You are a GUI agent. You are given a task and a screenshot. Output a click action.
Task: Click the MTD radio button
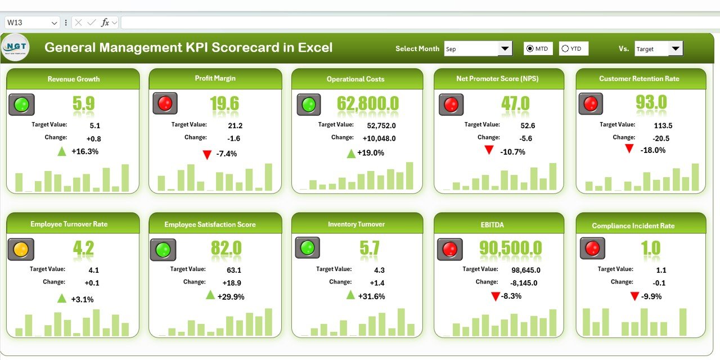[x=529, y=49]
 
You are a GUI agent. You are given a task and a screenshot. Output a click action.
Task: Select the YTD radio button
[x=565, y=49]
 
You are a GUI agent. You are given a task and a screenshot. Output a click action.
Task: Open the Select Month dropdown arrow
[x=505, y=49]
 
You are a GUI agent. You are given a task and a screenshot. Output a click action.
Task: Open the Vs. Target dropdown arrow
[x=676, y=49]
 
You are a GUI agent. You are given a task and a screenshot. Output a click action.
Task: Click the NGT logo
[x=15, y=48]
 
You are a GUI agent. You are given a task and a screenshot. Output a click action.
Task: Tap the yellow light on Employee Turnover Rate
[x=21, y=249]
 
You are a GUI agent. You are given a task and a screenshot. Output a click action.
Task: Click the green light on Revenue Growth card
[x=21, y=105]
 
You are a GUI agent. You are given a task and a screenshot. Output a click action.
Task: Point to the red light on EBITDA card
[x=450, y=249]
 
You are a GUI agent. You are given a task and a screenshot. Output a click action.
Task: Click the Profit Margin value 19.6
[x=224, y=103]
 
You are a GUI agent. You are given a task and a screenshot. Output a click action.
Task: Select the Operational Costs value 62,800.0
[x=368, y=103]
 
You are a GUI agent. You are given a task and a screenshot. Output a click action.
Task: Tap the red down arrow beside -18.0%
[x=629, y=149]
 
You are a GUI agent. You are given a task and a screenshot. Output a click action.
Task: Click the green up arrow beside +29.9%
[x=210, y=295]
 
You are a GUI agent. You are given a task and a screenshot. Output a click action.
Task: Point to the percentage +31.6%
[x=373, y=296]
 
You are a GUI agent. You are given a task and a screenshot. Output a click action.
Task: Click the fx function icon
[x=105, y=22]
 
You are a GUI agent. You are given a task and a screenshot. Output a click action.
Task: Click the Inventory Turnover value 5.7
[x=369, y=248]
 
